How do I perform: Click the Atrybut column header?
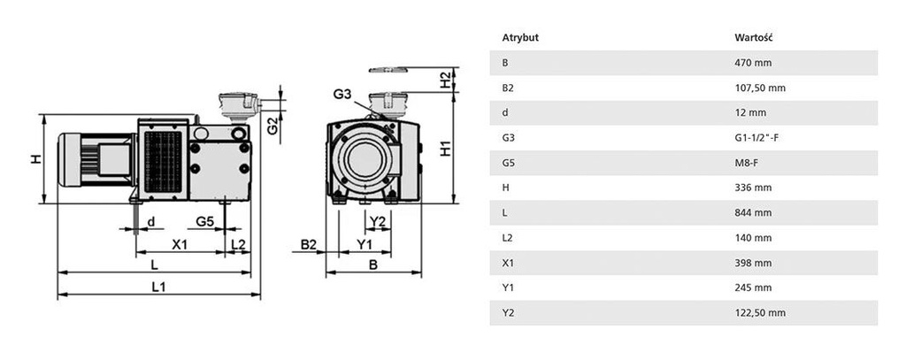pyautogui.click(x=520, y=38)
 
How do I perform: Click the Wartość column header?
pyautogui.click(x=755, y=38)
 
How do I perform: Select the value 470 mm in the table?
pyautogui.click(x=754, y=63)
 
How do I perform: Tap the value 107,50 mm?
pyautogui.click(x=760, y=88)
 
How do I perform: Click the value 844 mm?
pyautogui.click(x=754, y=213)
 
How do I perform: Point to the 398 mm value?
pyautogui.click(x=754, y=263)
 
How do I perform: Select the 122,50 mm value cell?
pyautogui.click(x=760, y=313)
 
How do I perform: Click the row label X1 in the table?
pyautogui.click(x=507, y=263)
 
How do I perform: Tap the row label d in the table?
pyautogui.click(x=504, y=112)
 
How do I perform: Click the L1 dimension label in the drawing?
pyautogui.click(x=157, y=287)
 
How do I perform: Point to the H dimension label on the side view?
pyautogui.click(x=35, y=159)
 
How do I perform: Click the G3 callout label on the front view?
pyautogui.click(x=342, y=94)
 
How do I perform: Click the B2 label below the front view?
pyautogui.click(x=308, y=243)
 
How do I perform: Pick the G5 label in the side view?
pyautogui.click(x=204, y=220)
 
